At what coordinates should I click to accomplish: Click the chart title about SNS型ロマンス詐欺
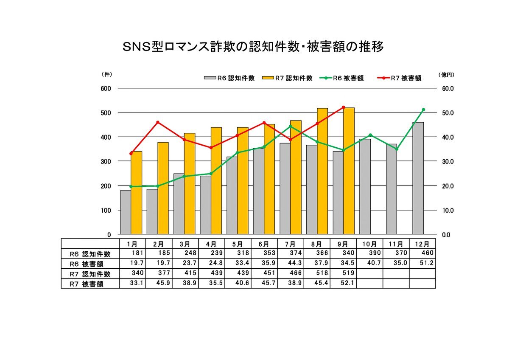pos(253,47)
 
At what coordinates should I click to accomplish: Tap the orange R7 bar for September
pos(349,171)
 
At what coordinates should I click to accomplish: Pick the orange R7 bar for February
pos(163,188)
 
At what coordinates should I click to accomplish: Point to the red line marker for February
pos(158,122)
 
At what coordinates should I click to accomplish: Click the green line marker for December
pos(423,110)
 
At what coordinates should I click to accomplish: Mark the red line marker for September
pos(344,107)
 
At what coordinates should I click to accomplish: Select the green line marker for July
pos(290,126)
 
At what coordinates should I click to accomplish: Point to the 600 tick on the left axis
pos(106,88)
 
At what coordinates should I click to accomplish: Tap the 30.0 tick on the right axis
pos(448,161)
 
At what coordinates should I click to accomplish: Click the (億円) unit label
pos(446,75)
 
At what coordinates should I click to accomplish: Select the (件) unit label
pos(107,74)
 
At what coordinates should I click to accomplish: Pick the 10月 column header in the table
pos(369,244)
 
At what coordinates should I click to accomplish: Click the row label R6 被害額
pos(87,264)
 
